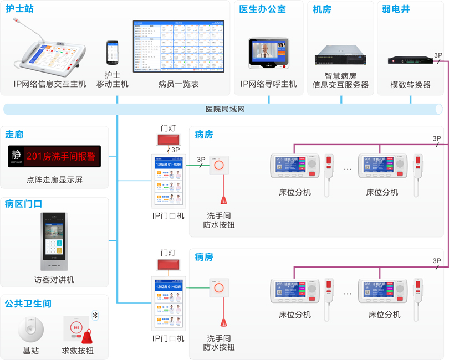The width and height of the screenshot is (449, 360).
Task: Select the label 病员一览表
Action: pyautogui.click(x=178, y=84)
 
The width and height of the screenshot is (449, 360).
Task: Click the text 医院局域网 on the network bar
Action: pyautogui.click(x=225, y=109)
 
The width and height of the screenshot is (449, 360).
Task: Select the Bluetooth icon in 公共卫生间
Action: pyautogui.click(x=95, y=315)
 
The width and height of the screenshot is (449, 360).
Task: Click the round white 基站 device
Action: pyautogui.click(x=30, y=331)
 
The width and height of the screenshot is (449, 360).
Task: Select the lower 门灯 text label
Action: pyautogui.click(x=168, y=253)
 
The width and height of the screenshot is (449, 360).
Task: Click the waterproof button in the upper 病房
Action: pyautogui.click(x=219, y=164)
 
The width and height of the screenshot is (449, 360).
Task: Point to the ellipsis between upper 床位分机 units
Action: pyautogui.click(x=348, y=169)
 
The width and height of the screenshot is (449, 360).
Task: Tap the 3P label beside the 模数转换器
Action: pyautogui.click(x=438, y=55)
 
